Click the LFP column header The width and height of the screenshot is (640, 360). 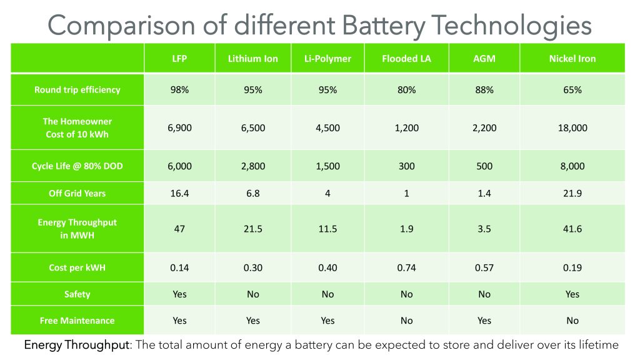pos(179,59)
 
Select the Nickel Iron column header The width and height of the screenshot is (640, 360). pos(572,59)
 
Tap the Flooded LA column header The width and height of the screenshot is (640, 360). pos(406,59)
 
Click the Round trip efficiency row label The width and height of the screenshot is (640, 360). pos(77,89)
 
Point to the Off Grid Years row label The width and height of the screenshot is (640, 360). pos(77,193)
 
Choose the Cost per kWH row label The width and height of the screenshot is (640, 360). pos(77,267)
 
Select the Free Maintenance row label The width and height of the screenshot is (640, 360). pos(77,321)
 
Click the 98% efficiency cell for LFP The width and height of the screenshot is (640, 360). pos(179,89)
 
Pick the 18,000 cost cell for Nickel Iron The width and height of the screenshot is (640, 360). pos(572,128)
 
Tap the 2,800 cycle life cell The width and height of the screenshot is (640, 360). pos(252,166)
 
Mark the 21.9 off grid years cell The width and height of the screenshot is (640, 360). pos(572,193)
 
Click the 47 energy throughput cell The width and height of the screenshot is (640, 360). pos(179,229)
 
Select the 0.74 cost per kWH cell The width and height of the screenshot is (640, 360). pos(406,267)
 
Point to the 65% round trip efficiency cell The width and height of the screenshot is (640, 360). pos(572,89)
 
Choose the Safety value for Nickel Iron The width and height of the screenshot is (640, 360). pos(572,294)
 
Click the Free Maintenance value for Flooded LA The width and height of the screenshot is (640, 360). pos(406,321)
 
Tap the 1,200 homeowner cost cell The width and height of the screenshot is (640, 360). pos(406,128)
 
